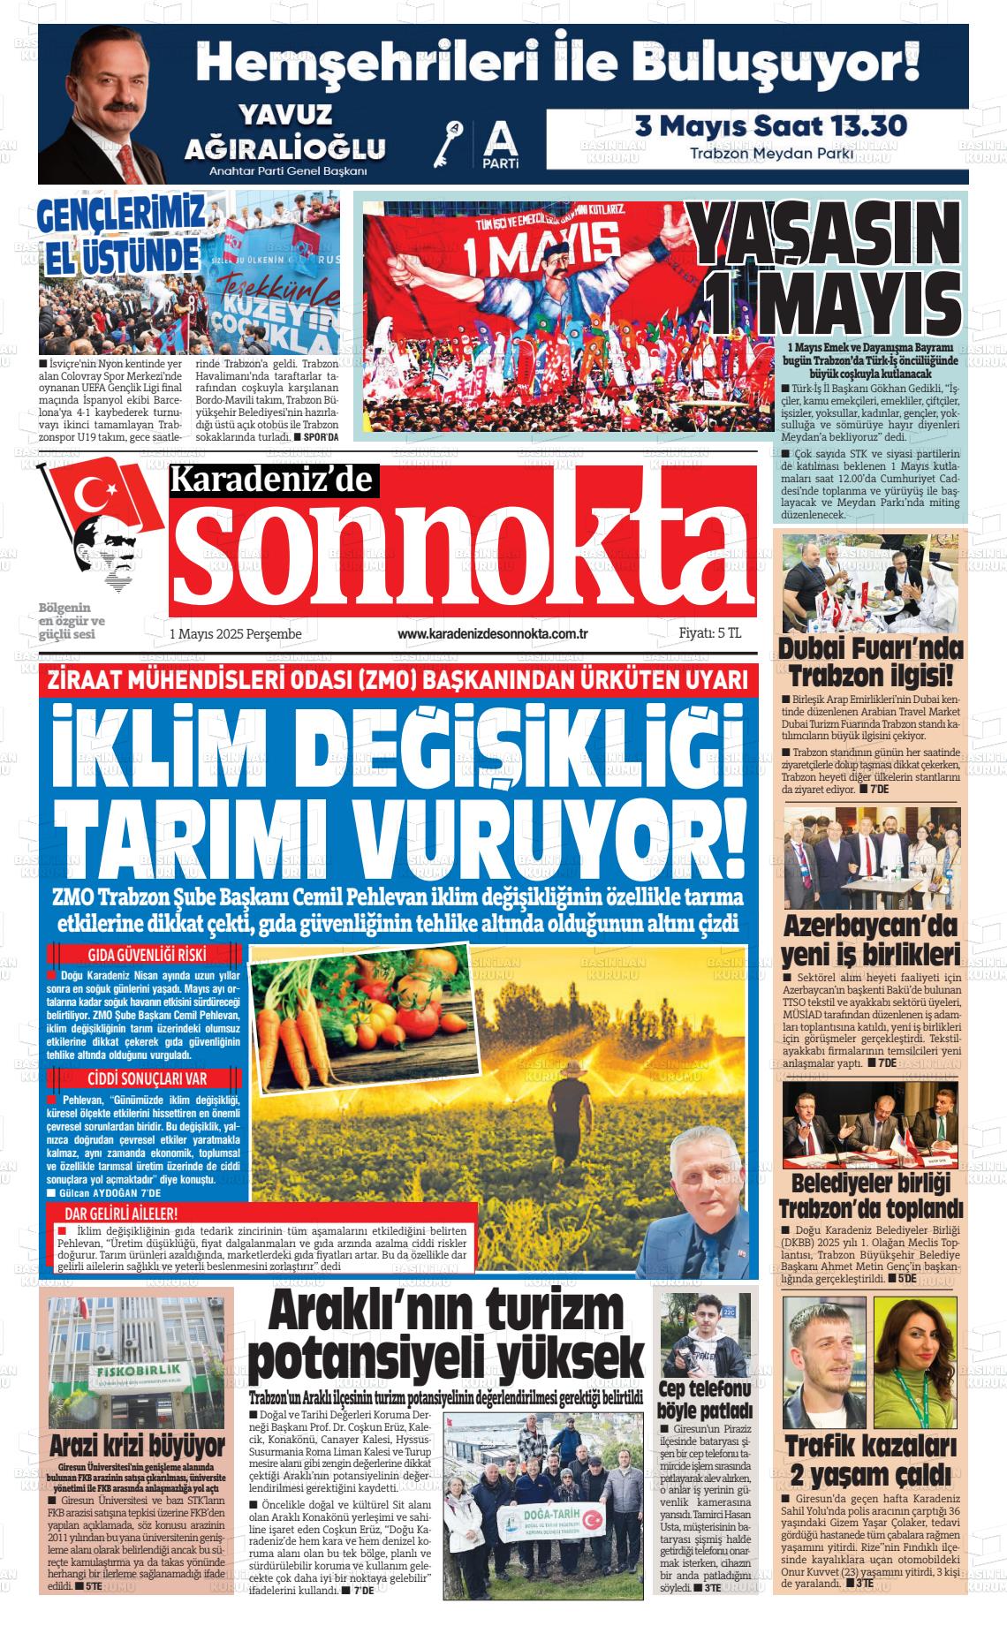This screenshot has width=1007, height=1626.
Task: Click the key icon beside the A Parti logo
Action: coord(455,144)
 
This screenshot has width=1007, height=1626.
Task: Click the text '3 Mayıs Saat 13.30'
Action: coord(771,125)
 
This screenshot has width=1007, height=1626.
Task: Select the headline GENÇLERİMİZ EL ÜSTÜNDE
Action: coord(121,234)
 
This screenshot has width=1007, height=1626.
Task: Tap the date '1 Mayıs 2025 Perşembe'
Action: coord(236,634)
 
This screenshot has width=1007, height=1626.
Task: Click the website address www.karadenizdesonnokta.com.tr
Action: coord(493,634)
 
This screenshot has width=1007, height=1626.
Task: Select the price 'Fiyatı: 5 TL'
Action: coord(709,633)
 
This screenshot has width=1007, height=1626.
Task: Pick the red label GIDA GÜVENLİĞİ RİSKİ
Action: coord(147,955)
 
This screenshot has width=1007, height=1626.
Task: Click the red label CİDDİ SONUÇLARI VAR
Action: coord(147,1079)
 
